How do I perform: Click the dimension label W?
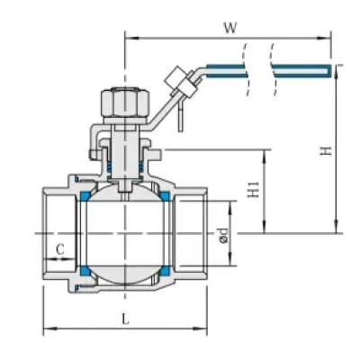click(230, 28)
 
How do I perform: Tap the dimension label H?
click(326, 150)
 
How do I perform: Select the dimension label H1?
click(254, 189)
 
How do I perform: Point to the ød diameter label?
click(223, 235)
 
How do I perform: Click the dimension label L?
click(125, 319)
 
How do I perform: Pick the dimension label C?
click(60, 249)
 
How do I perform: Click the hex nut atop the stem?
click(124, 103)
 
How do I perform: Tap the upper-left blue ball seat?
click(85, 196)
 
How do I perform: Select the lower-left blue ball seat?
click(85, 271)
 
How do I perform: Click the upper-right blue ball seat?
click(165, 196)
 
